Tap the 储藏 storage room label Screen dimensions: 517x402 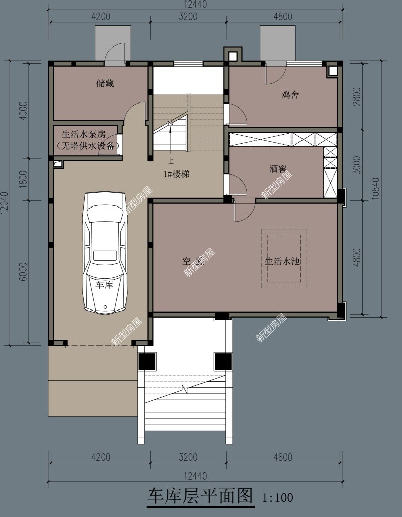point(105,84)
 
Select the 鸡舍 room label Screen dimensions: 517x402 point(290,94)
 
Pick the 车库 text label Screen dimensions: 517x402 point(105,284)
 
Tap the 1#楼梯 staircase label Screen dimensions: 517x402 point(176,174)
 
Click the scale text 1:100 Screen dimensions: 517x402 point(277,498)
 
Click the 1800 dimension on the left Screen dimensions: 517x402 point(23,179)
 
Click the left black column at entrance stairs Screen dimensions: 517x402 point(147,361)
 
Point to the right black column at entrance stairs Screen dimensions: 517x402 point(222,361)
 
